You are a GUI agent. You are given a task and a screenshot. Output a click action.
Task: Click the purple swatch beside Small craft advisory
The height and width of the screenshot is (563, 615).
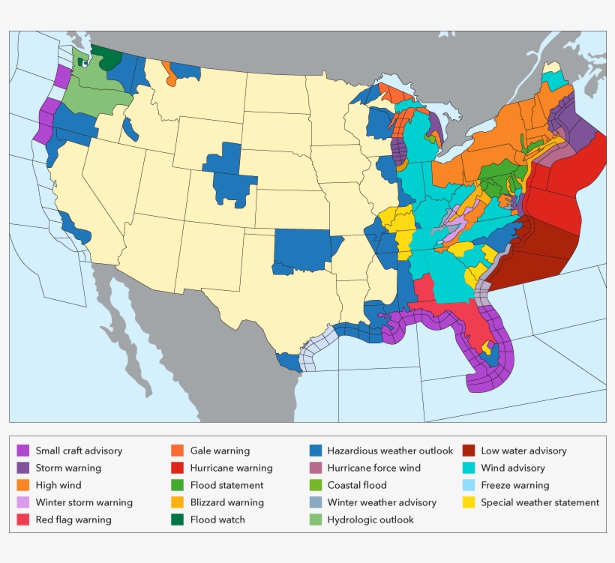click(x=23, y=451)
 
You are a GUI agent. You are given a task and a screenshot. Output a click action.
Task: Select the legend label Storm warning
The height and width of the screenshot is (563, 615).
click(x=68, y=468)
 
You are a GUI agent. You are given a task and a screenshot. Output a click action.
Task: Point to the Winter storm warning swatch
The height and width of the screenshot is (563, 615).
click(x=23, y=502)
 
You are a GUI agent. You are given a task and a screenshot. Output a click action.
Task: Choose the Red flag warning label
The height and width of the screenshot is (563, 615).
click(x=73, y=520)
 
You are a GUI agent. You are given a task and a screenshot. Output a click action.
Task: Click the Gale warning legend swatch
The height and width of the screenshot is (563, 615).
click(x=178, y=451)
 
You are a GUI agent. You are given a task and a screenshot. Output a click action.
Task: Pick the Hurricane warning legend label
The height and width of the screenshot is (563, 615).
click(x=231, y=468)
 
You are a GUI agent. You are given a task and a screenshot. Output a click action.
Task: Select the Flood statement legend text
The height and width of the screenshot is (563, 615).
click(x=226, y=485)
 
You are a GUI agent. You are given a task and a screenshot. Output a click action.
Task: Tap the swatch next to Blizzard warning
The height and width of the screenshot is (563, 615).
click(x=178, y=502)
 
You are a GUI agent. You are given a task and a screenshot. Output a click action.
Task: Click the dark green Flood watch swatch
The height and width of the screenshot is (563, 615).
click(x=178, y=520)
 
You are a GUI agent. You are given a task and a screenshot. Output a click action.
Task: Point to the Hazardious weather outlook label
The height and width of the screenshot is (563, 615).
click(x=390, y=451)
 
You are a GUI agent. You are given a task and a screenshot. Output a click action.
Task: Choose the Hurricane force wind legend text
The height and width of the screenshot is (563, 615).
click(x=373, y=468)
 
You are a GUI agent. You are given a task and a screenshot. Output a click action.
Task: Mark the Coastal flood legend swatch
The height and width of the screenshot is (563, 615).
click(x=315, y=485)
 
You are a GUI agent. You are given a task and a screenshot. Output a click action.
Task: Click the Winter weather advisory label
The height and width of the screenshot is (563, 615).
click(x=381, y=502)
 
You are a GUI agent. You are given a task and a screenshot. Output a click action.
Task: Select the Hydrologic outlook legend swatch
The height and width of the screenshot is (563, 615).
click(x=315, y=520)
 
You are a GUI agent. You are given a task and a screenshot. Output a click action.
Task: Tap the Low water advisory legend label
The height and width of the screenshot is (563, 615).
click(x=523, y=451)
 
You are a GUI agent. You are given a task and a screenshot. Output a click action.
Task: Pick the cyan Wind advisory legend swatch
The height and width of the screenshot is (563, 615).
click(x=469, y=468)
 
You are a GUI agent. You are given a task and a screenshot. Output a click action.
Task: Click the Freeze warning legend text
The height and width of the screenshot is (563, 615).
click(x=514, y=485)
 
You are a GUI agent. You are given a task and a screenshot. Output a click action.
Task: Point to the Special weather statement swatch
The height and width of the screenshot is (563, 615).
click(x=469, y=502)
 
